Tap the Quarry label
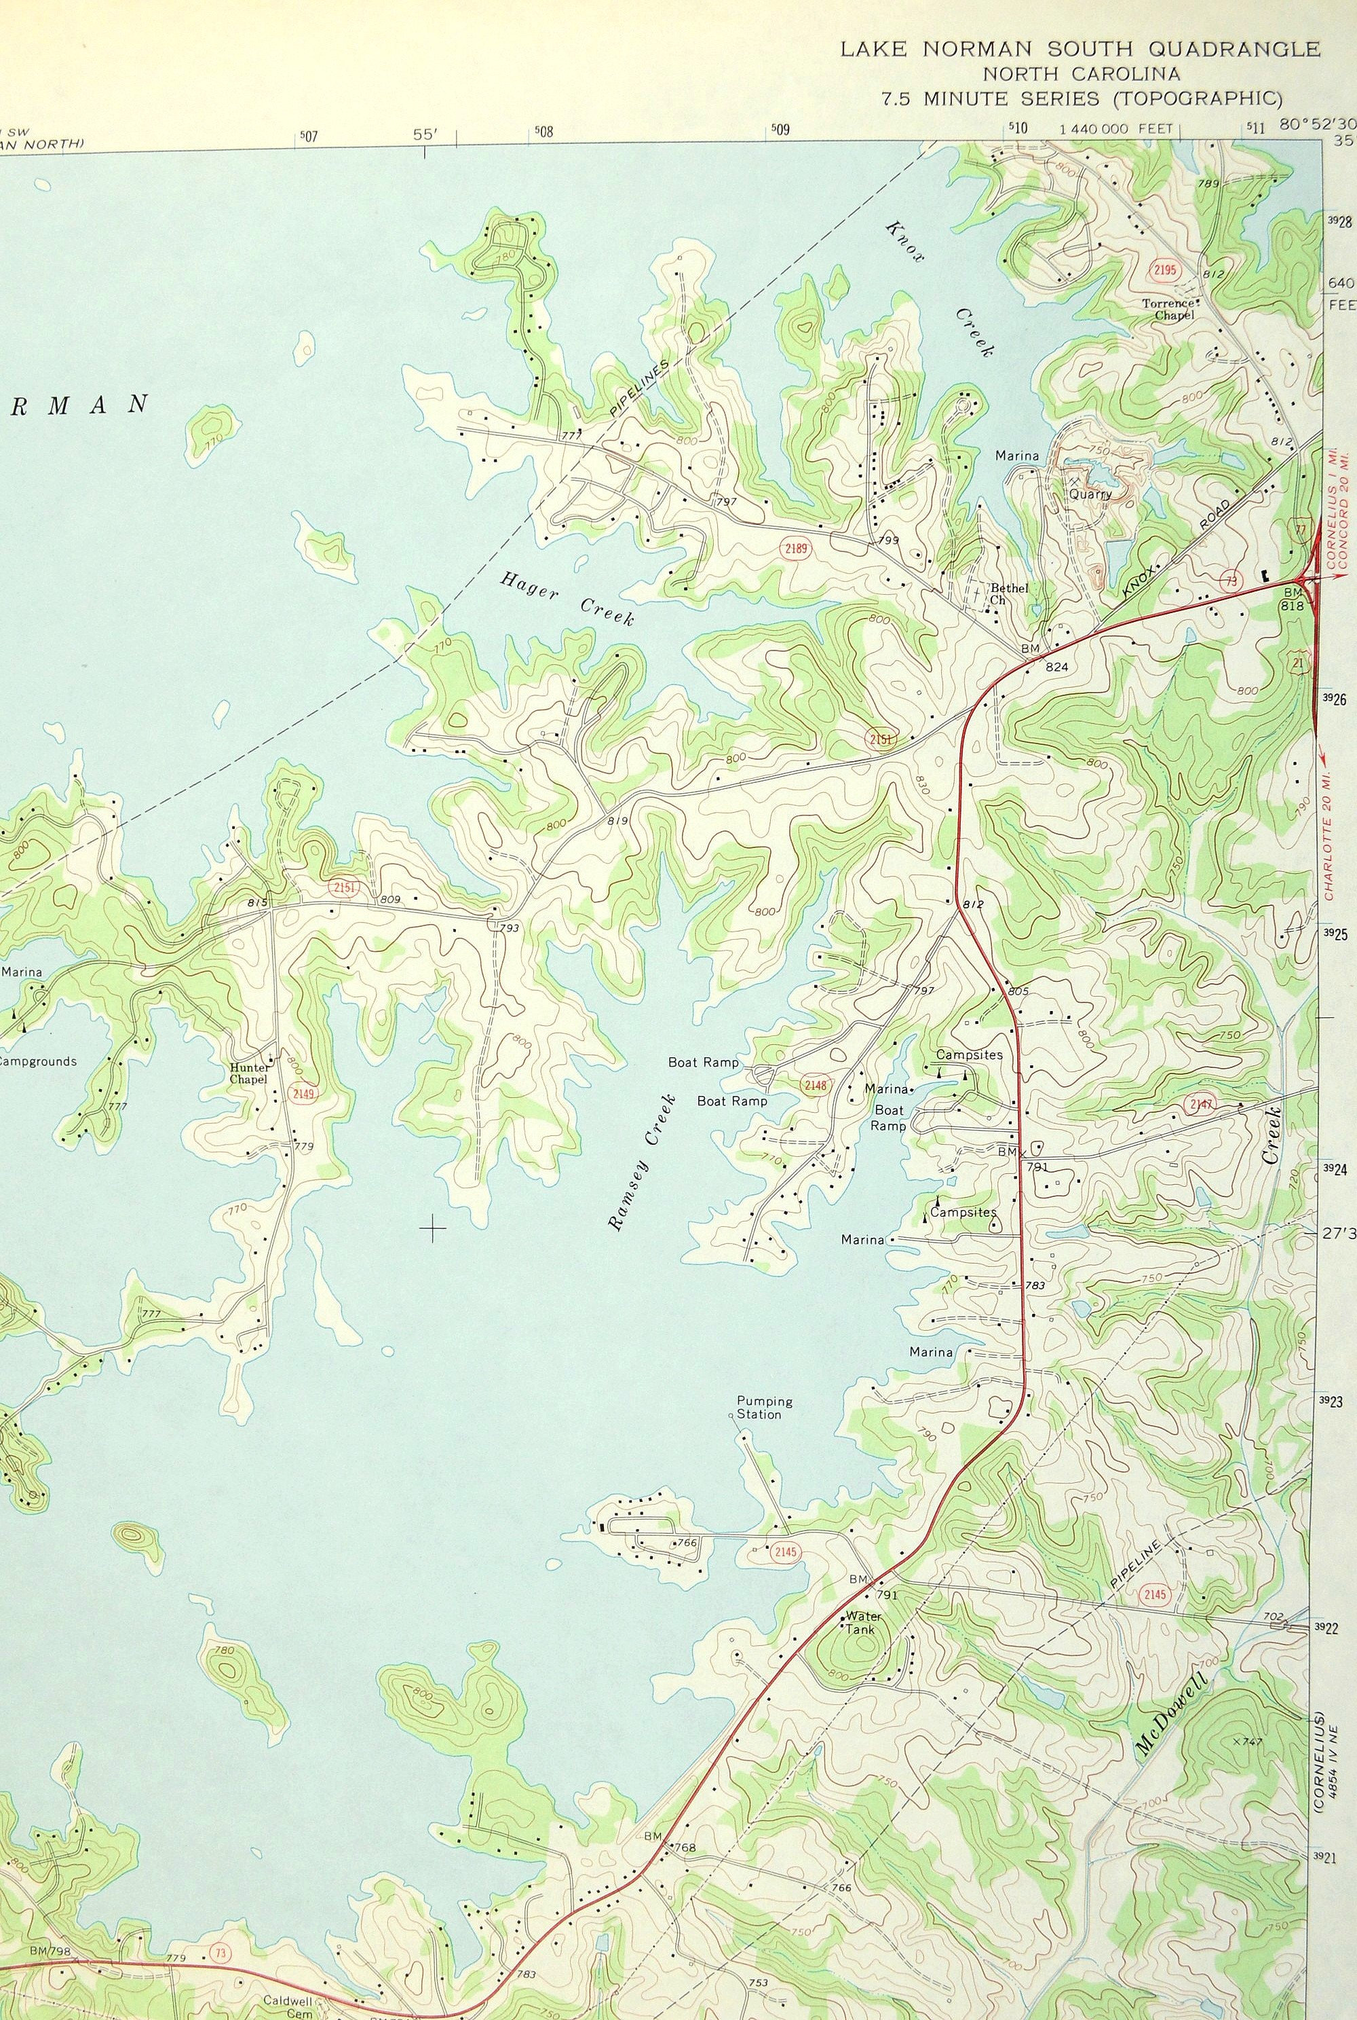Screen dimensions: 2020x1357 [1089, 494]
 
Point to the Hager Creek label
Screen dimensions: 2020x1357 [566, 597]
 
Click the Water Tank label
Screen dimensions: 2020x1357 [863, 1621]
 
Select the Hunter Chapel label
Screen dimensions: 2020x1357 [249, 1073]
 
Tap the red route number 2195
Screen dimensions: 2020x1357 [1165, 270]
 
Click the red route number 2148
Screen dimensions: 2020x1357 [814, 1085]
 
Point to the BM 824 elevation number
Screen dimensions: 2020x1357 [1056, 667]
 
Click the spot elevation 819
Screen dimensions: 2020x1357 [617, 820]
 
